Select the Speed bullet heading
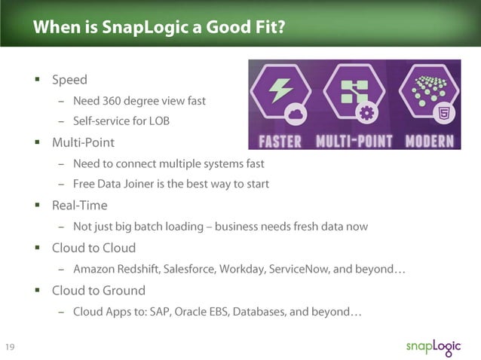[x=69, y=80]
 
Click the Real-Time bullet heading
[x=79, y=205]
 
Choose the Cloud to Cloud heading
[x=93, y=248]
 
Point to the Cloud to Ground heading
[x=98, y=290]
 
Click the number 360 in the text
[x=116, y=100]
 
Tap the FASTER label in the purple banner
[x=280, y=141]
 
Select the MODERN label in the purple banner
[x=429, y=141]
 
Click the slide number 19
[x=11, y=347]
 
